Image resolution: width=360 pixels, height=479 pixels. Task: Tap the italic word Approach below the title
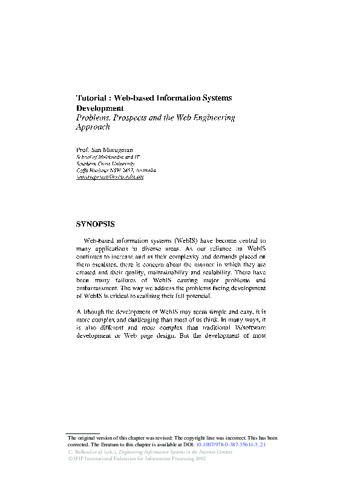tap(93, 128)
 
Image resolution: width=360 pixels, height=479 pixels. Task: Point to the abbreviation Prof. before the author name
tap(83, 149)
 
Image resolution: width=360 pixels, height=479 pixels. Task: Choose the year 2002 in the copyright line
tap(200, 459)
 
